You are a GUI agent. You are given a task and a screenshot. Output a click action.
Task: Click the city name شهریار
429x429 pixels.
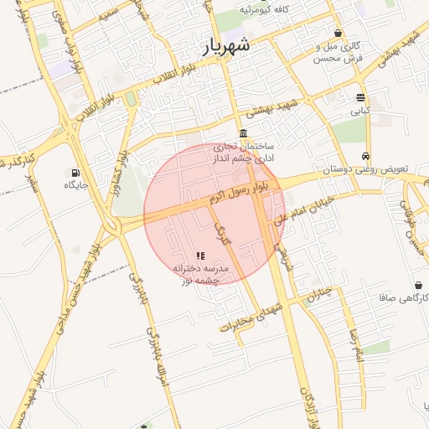226,46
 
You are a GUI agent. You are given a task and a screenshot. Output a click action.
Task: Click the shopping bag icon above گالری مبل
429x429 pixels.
338,34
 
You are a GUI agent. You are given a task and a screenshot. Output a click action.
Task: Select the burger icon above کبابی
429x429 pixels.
360,97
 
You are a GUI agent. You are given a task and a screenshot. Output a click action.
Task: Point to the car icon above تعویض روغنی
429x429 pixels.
366,157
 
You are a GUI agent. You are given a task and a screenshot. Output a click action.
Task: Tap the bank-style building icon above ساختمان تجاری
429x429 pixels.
243,134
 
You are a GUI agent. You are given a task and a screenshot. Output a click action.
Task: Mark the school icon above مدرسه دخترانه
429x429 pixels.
200,256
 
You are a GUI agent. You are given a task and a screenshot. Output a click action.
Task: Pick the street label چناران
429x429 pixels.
317,296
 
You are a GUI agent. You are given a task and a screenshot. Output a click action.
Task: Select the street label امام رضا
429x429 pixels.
357,345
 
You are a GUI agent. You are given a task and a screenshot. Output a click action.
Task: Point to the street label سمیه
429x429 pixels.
106,14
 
